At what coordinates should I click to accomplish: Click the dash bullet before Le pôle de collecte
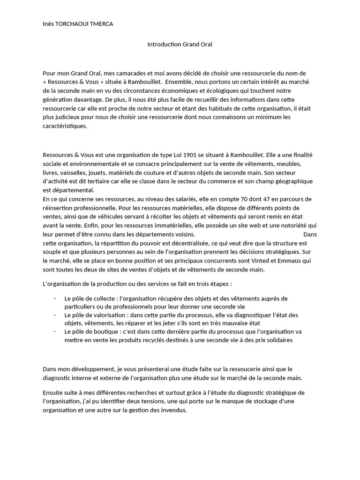click(55, 298)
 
